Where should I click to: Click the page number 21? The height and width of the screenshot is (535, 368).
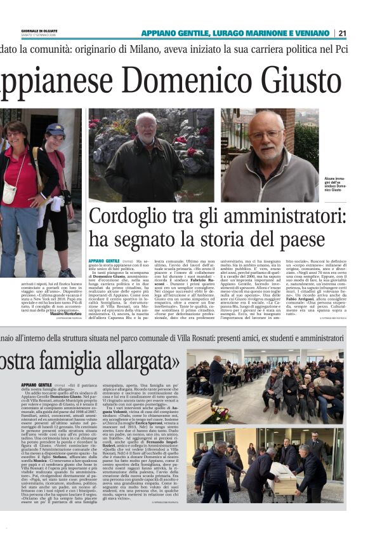[x=359, y=33]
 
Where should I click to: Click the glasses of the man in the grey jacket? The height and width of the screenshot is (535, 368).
[x=266, y=135]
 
